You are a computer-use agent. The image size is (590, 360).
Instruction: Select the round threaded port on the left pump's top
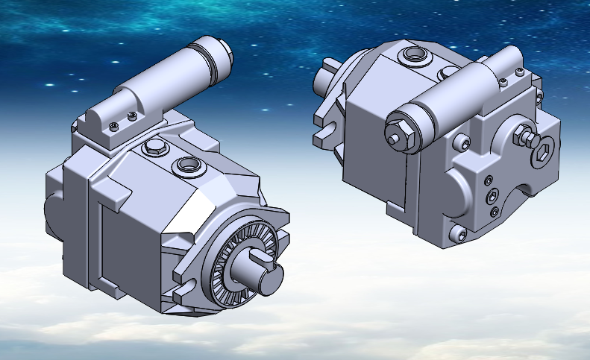(186, 164)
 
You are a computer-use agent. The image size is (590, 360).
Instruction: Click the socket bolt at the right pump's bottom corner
(458, 236)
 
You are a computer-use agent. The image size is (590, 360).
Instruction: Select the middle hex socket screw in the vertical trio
(493, 196)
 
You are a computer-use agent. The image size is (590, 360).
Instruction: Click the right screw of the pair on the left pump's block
(132, 116)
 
